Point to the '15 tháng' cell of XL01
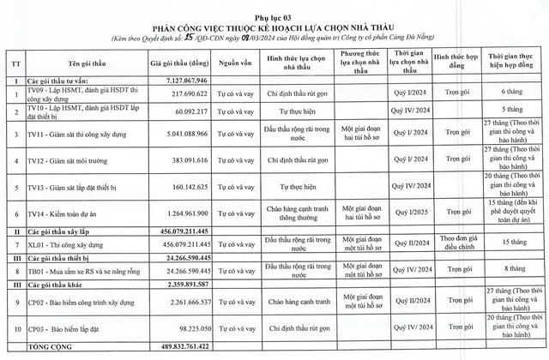pyautogui.click(x=516, y=244)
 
